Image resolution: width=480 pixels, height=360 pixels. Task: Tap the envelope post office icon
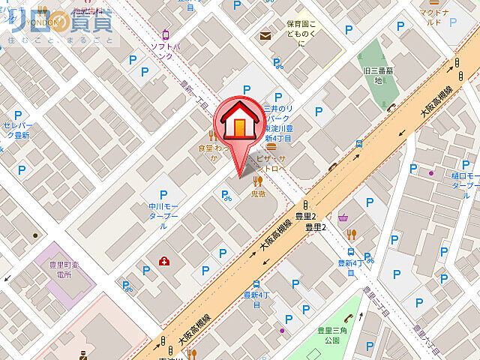click(265, 35)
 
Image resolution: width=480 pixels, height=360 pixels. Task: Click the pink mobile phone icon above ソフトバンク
click(166, 34)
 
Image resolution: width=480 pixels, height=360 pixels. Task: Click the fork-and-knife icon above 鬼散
click(259, 180)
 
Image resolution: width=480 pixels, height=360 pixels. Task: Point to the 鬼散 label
click(258, 193)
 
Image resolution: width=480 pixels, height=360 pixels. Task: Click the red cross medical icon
click(163, 260)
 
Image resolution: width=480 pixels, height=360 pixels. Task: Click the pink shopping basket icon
click(343, 218)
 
